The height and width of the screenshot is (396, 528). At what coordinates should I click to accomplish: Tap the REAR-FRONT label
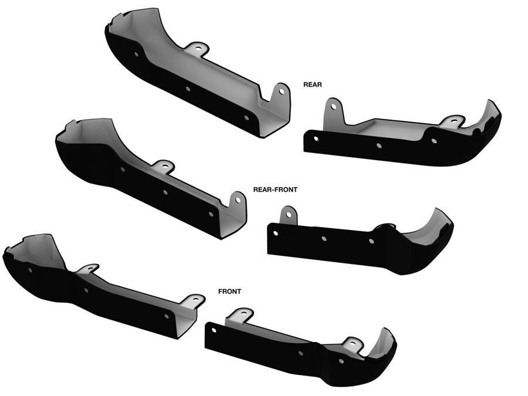click(275, 189)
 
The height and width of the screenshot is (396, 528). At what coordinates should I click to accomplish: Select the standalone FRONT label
click(229, 291)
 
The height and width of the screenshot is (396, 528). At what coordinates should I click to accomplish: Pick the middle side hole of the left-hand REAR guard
click(188, 89)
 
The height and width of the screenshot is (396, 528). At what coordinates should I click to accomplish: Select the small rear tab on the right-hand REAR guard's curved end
click(453, 121)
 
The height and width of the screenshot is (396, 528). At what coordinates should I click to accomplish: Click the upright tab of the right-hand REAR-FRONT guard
click(288, 215)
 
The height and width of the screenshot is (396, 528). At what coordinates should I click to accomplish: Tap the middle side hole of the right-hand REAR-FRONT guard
click(324, 239)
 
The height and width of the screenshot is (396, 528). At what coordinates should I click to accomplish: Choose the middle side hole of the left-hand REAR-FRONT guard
click(165, 192)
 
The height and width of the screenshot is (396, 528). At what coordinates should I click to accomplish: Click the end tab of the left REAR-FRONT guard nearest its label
click(238, 199)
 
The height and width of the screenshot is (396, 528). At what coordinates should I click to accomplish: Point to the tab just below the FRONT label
click(239, 316)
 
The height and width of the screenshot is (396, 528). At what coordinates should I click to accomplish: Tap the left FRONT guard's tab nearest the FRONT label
click(195, 301)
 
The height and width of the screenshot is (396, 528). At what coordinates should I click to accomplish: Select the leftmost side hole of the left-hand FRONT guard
click(31, 270)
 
